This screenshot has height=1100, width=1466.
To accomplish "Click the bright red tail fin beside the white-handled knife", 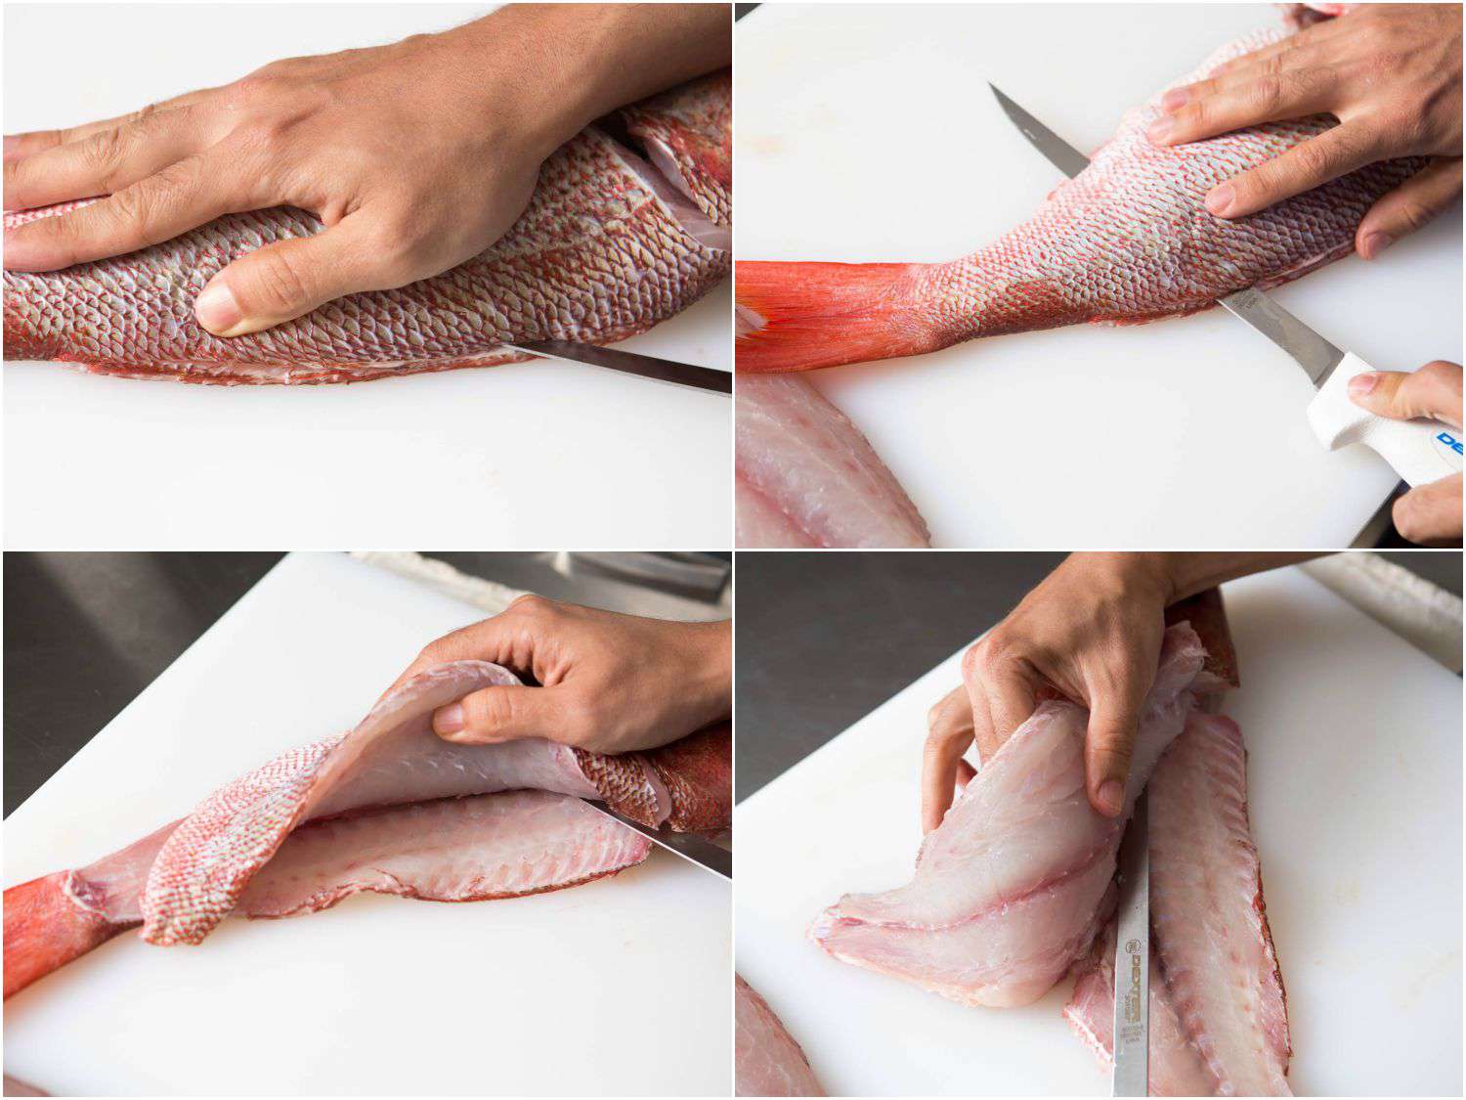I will coord(821,313).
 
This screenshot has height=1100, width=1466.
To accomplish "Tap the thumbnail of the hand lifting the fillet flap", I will coord(450,721).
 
